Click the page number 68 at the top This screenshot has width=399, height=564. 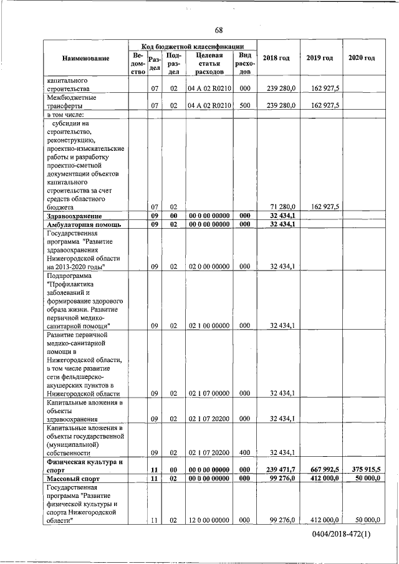click(x=219, y=31)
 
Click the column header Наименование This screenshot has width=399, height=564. click(x=86, y=58)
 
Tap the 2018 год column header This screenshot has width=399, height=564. click(x=276, y=58)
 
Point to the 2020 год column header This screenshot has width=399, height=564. click(x=362, y=58)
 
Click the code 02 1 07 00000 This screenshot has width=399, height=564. click(x=209, y=393)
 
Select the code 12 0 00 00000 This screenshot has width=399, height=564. click(x=209, y=520)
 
